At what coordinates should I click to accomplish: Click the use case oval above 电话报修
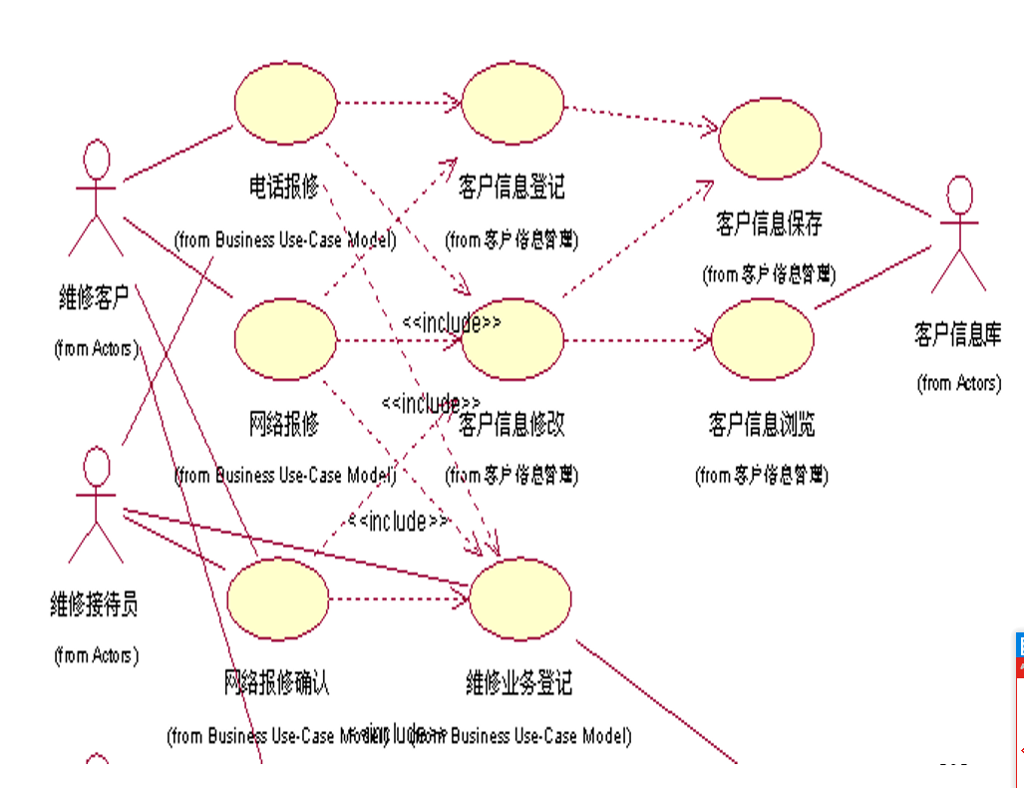[x=286, y=103]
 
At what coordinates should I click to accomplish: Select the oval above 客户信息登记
[x=512, y=103]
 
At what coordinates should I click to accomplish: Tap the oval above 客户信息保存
[x=770, y=139]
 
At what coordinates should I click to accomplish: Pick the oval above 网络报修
[x=286, y=339]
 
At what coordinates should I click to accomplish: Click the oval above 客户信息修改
[x=512, y=339]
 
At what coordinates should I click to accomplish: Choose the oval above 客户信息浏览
[x=763, y=339]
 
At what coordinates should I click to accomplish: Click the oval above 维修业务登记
[x=519, y=599]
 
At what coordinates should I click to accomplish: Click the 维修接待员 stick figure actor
[x=96, y=504]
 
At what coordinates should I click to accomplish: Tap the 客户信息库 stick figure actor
[x=958, y=233]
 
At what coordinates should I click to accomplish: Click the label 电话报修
[x=284, y=187]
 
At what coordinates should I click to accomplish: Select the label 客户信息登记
[x=512, y=187]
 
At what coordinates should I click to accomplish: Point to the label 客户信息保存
[x=769, y=222]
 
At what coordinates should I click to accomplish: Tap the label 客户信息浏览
[x=762, y=424]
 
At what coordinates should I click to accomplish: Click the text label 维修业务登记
[x=518, y=683]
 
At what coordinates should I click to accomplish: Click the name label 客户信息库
[x=957, y=334]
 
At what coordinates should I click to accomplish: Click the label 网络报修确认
[x=276, y=683]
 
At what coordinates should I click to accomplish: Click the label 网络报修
[x=284, y=424]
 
